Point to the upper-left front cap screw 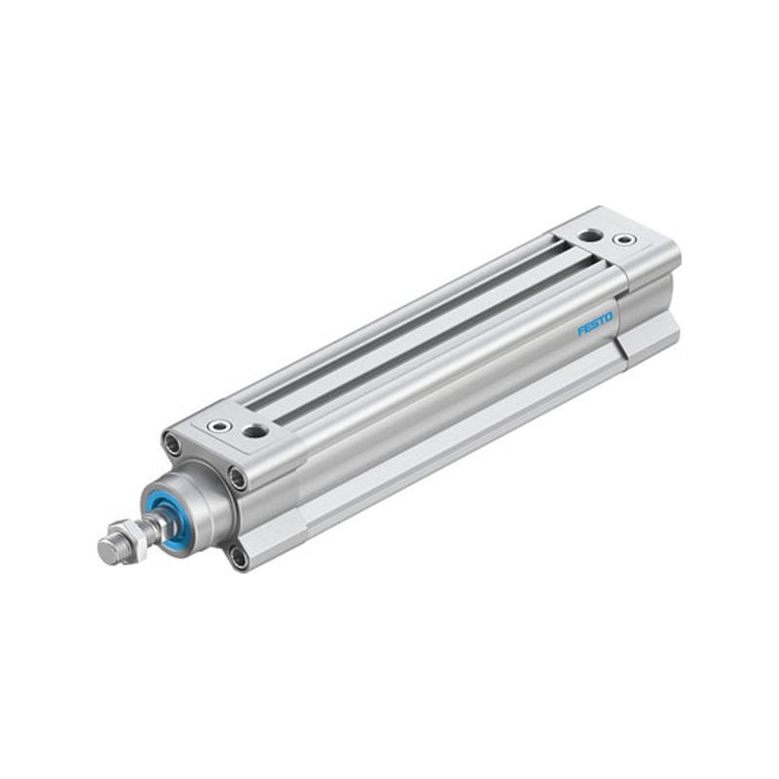(172, 443)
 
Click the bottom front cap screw (239, 558)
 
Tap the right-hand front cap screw (238, 478)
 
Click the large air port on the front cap (255, 430)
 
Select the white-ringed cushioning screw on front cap (218, 426)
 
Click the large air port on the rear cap (591, 235)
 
